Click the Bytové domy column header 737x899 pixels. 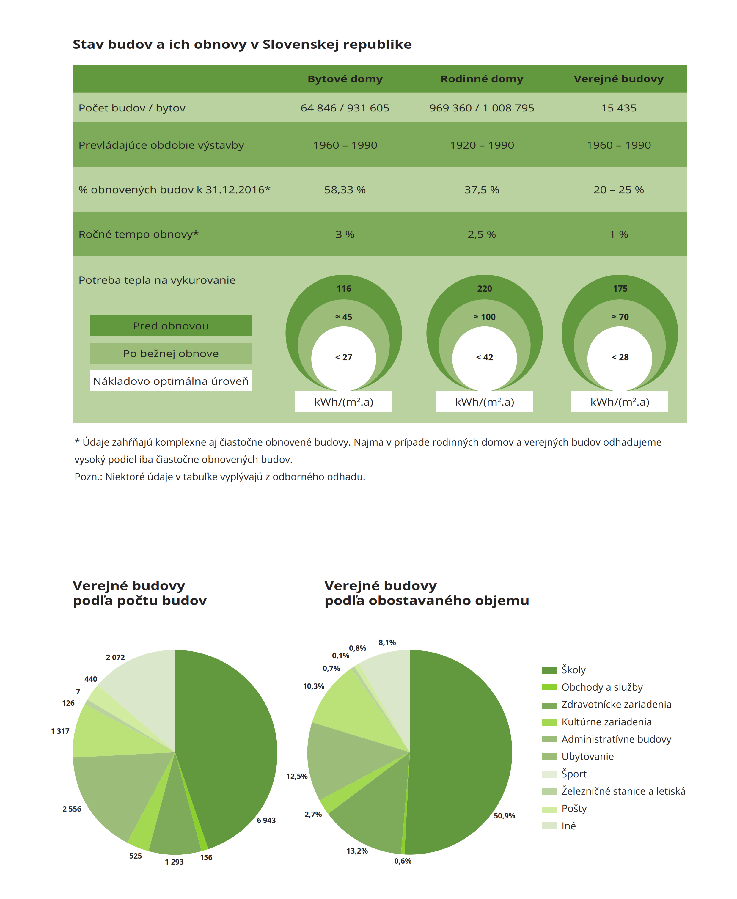tap(345, 79)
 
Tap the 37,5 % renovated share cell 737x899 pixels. tap(481, 190)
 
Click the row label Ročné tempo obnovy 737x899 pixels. tap(139, 234)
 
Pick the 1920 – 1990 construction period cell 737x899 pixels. tap(481, 145)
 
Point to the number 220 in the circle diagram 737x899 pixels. tap(484, 289)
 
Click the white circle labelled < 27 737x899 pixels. tap(343, 357)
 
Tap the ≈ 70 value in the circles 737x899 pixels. tap(620, 317)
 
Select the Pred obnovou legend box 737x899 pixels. tap(171, 326)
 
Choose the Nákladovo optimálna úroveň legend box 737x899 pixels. tap(171, 381)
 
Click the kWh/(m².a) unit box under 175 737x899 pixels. tap(619, 402)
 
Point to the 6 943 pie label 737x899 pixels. tap(266, 820)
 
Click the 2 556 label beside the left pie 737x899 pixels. tap(72, 809)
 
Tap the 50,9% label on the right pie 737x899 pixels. tap(504, 815)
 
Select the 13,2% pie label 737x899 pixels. tap(357, 851)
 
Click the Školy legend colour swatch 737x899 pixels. tap(549, 670)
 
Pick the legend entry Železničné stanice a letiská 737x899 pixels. tap(623, 791)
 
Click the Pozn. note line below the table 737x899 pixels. tap(219, 477)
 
